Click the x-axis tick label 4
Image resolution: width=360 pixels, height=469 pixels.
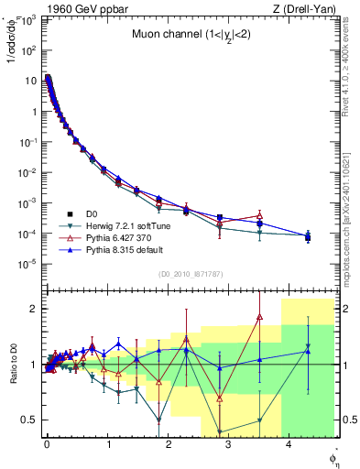(289, 447)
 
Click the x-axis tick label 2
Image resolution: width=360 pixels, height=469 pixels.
(169, 447)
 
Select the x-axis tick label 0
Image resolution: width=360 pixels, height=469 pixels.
(47, 447)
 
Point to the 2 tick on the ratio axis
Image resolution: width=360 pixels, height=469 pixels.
(33, 310)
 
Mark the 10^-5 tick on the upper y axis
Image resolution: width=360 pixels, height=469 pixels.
(29, 264)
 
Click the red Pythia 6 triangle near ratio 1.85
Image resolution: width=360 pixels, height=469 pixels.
(259, 317)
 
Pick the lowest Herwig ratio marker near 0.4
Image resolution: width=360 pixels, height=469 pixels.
(219, 431)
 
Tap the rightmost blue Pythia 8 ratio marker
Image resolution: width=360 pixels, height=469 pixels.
(308, 346)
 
